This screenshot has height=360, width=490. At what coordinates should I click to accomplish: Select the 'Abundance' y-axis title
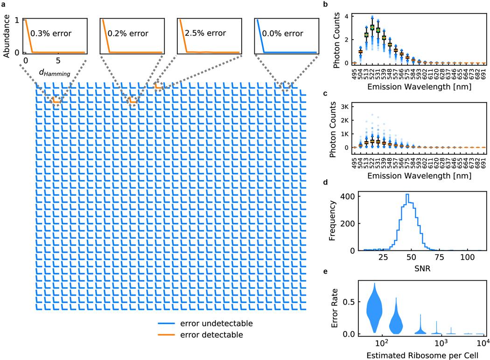click(7, 36)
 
